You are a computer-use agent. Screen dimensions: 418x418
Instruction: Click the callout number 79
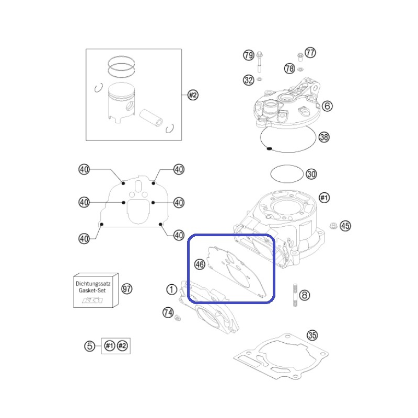[x=249, y=55]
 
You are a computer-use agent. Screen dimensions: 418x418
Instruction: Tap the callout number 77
[x=310, y=53]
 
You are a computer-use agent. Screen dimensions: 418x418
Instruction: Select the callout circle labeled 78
[x=289, y=68]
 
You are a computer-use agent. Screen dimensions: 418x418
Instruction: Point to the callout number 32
[x=249, y=80]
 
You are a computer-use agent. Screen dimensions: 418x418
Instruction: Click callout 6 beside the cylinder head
[x=328, y=106]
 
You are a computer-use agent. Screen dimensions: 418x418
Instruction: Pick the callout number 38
[x=324, y=137]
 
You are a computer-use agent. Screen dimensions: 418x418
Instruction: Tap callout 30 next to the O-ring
[x=311, y=174]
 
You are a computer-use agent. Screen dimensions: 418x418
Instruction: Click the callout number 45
[x=345, y=226]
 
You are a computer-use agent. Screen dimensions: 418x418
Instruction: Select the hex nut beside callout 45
[x=333, y=226]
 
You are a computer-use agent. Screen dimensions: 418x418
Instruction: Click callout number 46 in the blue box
[x=200, y=264]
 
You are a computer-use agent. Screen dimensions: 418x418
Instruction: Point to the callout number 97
[x=127, y=289]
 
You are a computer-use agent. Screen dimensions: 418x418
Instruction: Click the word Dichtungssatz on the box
[x=93, y=284]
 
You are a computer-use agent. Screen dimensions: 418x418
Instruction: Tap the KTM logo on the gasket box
[x=92, y=300]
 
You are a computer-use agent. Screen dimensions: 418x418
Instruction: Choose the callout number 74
[x=168, y=312]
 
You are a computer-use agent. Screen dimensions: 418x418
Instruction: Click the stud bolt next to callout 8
[x=295, y=295]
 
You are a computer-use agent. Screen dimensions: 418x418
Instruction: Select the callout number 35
[x=312, y=335]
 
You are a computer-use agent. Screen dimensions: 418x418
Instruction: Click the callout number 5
[x=89, y=346]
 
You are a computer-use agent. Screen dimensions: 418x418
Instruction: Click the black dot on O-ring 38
[x=269, y=148]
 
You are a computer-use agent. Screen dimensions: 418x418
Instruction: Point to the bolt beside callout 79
[x=259, y=62]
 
